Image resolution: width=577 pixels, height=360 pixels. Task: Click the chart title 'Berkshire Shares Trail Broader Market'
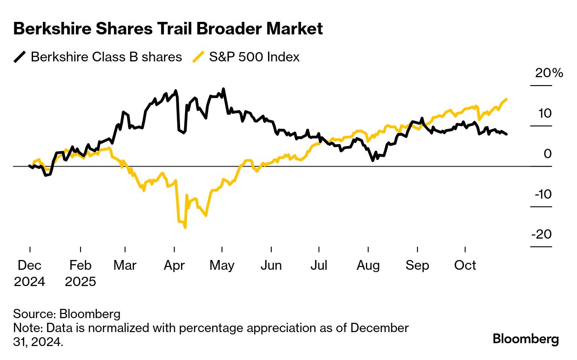coord(168,29)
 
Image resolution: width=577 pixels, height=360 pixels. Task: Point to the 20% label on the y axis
coord(549,73)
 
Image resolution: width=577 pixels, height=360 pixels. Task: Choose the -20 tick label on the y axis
coord(542,234)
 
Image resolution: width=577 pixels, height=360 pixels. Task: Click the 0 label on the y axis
coord(548,153)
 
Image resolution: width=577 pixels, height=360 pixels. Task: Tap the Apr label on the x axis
coord(174,266)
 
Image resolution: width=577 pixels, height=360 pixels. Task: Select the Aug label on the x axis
coord(368,266)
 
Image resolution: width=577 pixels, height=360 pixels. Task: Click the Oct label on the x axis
coord(465,266)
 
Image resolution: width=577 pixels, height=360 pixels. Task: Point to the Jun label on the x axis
coord(271,266)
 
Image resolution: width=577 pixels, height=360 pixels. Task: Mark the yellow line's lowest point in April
coord(185,227)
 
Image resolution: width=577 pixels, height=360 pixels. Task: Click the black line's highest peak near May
coord(224,88)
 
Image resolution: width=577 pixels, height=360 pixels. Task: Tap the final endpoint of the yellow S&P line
coord(506,99)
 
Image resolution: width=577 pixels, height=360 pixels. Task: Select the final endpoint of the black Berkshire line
coord(507,134)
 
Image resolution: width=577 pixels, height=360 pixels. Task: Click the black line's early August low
coord(373,160)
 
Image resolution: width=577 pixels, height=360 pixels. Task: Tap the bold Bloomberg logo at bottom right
coord(526,339)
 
